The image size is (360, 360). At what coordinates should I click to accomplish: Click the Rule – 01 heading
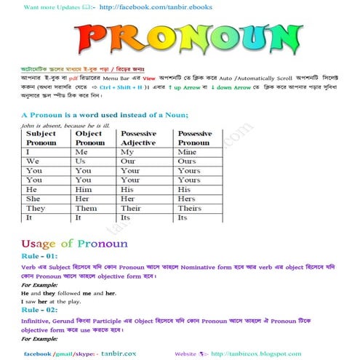coord(41,256)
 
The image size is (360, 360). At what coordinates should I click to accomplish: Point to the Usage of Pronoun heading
coord(74,243)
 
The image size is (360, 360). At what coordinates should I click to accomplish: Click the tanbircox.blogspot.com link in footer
coord(252,353)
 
